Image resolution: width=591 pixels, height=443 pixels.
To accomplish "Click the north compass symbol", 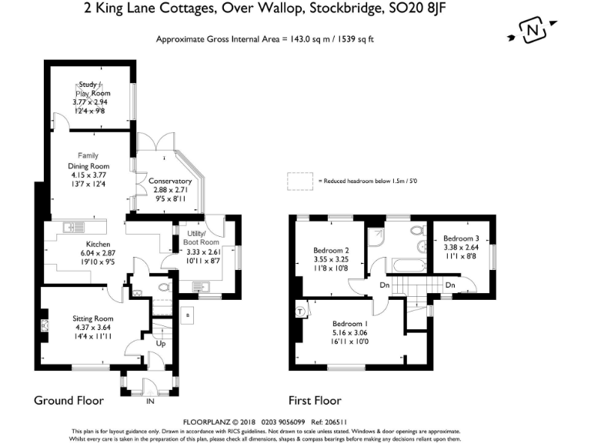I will click(532, 32).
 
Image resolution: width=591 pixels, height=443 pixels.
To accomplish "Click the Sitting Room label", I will click(92, 318).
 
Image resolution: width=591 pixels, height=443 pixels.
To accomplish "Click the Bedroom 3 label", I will click(460, 238).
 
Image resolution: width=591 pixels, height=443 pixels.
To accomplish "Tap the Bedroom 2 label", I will click(332, 251).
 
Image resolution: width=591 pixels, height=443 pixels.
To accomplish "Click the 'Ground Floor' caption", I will click(68, 401).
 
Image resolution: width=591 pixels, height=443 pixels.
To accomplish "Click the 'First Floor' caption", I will click(315, 401).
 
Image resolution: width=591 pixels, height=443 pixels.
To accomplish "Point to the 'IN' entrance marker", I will click(151, 401).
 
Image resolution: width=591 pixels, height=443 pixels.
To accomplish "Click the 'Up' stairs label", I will click(160, 343).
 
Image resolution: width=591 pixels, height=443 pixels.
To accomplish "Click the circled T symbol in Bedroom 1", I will click(299, 311).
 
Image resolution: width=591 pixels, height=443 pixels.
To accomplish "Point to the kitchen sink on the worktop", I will click(72, 226).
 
